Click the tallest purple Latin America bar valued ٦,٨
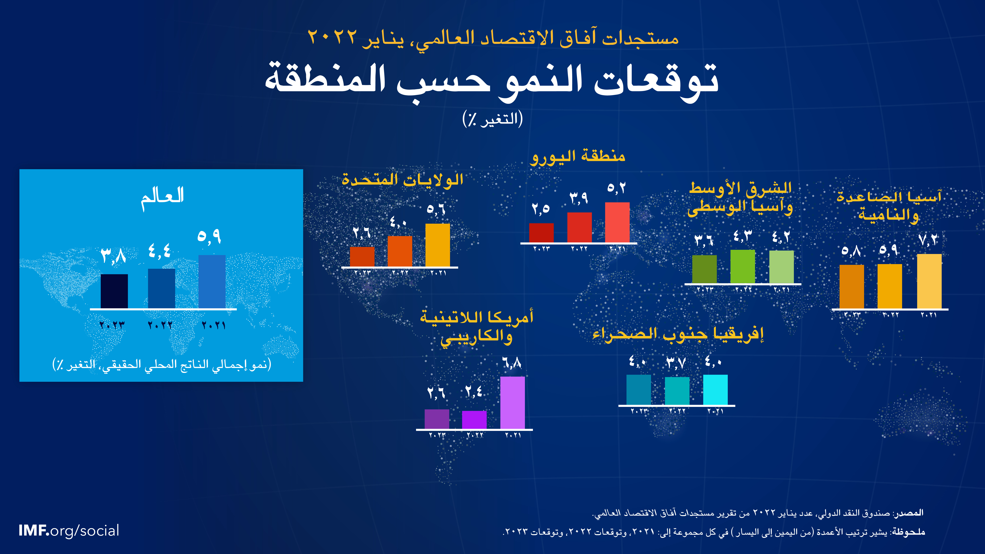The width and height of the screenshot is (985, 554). click(x=512, y=403)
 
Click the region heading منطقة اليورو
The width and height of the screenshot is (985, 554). click(x=578, y=157)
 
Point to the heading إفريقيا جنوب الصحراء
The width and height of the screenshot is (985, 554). click(x=678, y=334)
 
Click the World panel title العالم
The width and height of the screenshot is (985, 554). click(x=163, y=198)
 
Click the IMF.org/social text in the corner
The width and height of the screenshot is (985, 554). click(x=69, y=531)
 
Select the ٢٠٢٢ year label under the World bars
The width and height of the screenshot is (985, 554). click(x=160, y=325)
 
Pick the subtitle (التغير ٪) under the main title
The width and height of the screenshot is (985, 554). click(x=492, y=119)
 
